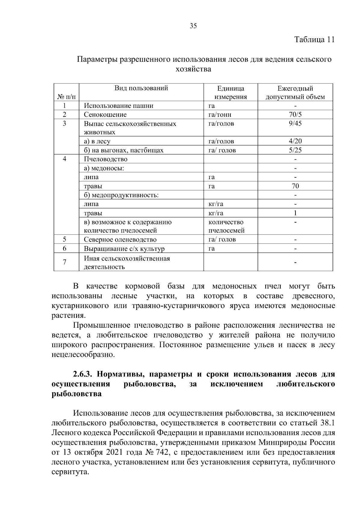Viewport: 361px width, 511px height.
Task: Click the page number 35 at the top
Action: (193, 26)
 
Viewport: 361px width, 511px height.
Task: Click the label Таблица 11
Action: (314, 40)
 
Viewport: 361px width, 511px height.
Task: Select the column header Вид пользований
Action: (141, 88)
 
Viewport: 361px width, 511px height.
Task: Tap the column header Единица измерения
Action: (230, 93)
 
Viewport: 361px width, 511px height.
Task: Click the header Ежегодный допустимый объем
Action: (295, 93)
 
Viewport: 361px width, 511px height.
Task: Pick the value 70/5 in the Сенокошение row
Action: (295, 115)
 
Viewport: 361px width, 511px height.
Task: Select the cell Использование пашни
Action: (119, 106)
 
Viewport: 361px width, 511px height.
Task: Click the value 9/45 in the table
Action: (295, 124)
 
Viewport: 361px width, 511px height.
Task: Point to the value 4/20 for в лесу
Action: (295, 141)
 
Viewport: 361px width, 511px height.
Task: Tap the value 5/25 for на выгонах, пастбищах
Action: (295, 150)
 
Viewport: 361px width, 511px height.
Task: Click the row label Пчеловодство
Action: (106, 159)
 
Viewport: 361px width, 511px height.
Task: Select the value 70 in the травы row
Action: (295, 186)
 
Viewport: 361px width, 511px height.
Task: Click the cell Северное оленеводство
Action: (120, 240)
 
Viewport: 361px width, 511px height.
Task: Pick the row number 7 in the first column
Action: (64, 262)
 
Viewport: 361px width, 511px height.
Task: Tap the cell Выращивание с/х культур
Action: (124, 249)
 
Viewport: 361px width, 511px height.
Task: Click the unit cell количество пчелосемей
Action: (226, 226)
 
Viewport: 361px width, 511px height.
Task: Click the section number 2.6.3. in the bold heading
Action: (84, 374)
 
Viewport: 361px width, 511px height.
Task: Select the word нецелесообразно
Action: (83, 355)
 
